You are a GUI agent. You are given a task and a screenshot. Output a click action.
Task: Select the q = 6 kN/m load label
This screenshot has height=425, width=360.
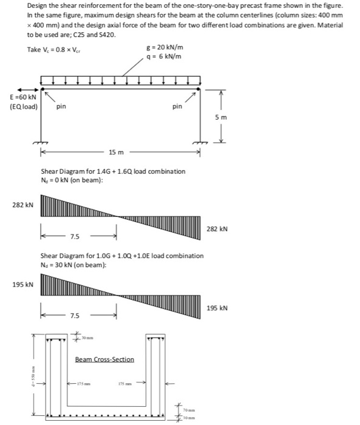click(x=165, y=57)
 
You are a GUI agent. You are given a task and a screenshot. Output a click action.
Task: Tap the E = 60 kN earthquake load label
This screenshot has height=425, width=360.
click(x=22, y=97)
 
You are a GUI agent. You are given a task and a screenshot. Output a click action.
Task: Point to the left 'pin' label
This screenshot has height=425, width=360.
click(x=61, y=106)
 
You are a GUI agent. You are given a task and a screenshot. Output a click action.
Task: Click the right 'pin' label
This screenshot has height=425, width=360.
click(x=177, y=106)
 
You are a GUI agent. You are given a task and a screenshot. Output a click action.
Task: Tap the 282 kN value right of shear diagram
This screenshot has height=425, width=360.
click(x=217, y=229)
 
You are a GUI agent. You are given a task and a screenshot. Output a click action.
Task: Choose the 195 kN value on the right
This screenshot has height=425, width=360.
click(x=217, y=308)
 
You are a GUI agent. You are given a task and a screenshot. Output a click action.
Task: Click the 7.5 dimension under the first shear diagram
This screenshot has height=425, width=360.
click(x=74, y=236)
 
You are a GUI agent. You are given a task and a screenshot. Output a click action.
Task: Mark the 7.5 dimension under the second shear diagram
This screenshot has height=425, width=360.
click(x=74, y=315)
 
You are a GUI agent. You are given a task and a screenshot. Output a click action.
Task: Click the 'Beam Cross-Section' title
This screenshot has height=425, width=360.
click(x=104, y=359)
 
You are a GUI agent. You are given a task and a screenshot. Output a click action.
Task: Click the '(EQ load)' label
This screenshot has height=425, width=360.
click(x=24, y=107)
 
